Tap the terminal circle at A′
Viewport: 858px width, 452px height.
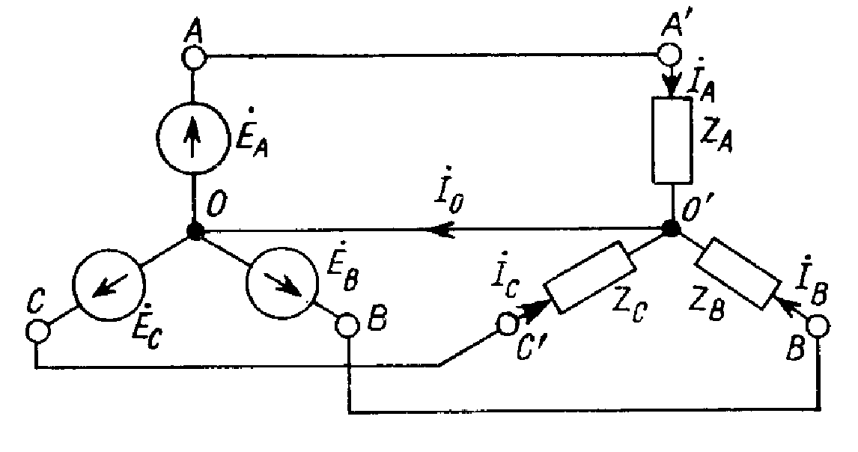click(x=669, y=55)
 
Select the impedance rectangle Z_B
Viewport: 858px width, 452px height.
click(x=735, y=272)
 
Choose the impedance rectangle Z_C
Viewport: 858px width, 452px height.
click(x=589, y=277)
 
